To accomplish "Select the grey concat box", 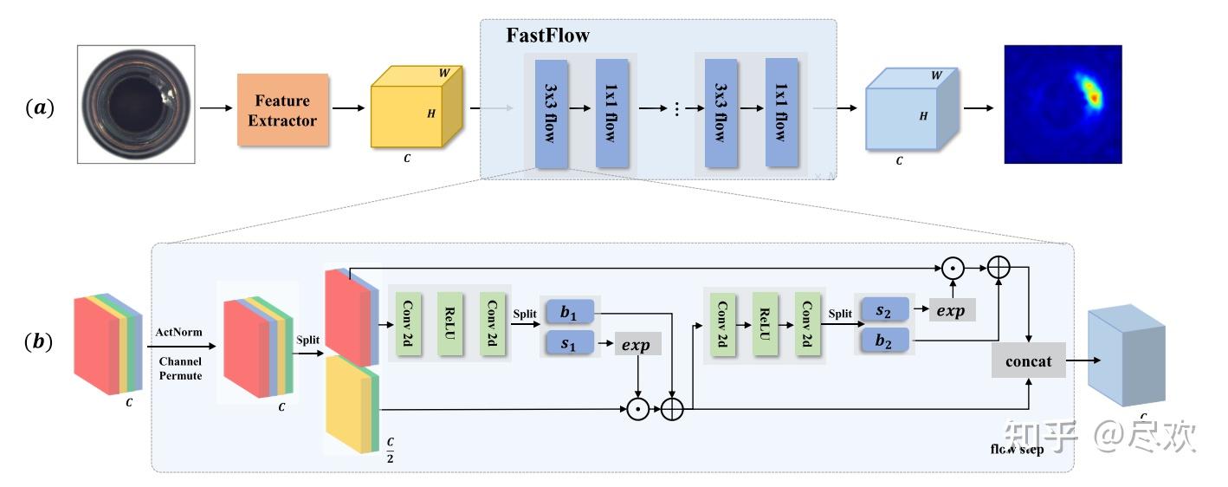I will click(1029, 360).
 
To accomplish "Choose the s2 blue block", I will click(882, 309).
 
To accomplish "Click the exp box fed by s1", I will click(638, 344).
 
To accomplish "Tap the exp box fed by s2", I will click(952, 309).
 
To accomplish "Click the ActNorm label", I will click(178, 332).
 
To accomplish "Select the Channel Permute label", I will click(178, 370).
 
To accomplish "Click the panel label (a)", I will click(40, 108).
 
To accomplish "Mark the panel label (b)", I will click(40, 341).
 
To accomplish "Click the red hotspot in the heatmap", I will click(1094, 98).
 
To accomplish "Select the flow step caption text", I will click(1018, 450).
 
